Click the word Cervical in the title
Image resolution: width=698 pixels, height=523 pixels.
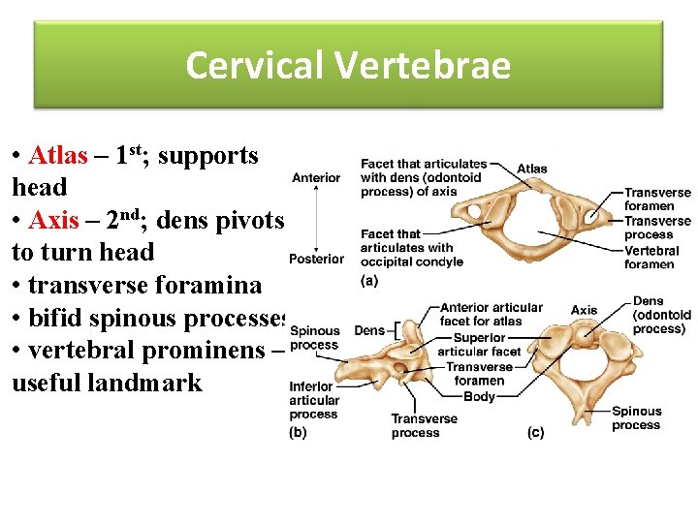(x=255, y=66)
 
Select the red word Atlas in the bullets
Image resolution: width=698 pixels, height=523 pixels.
(x=58, y=156)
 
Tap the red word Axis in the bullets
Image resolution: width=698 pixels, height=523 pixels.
(x=54, y=220)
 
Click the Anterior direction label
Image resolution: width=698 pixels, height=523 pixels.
(x=316, y=177)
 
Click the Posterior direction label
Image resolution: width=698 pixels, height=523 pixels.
(x=316, y=259)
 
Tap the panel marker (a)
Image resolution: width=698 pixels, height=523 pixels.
(x=368, y=281)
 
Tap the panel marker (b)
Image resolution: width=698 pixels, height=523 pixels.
(x=299, y=433)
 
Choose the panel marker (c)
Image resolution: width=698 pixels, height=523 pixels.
(x=535, y=433)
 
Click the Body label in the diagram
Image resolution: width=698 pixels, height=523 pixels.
(x=479, y=396)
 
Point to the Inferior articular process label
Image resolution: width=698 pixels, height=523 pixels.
(x=314, y=401)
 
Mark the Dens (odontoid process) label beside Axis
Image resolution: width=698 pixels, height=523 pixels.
(x=661, y=315)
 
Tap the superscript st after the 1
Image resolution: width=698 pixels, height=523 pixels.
(x=139, y=148)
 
